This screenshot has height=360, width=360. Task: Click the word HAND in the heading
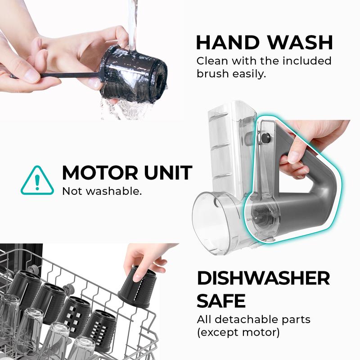228,42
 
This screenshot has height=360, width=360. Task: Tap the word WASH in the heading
300,42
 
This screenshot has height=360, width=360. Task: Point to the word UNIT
168,173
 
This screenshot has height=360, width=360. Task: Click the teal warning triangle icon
37,180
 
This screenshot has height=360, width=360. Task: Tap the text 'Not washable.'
102,191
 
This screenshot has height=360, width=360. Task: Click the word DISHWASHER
263,278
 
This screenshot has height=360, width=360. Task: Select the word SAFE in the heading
221,301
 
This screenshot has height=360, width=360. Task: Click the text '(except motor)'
238,332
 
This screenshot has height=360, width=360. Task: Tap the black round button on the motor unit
266,138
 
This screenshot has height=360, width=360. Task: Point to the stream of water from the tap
132,25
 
